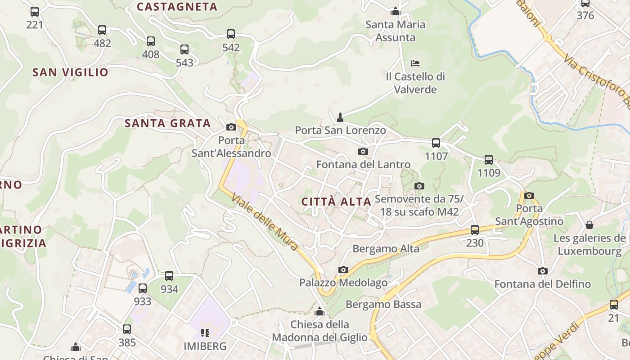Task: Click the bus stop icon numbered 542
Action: tap(231, 34)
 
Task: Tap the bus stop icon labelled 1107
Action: tap(436, 143)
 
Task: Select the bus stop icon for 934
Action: tap(169, 276)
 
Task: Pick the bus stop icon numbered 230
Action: tap(475, 229)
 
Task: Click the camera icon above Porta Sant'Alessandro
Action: tap(231, 127)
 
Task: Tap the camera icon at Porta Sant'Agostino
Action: tap(529, 195)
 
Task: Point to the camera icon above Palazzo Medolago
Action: tap(343, 270)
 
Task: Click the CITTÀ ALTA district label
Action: tap(337, 202)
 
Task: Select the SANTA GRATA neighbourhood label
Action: tap(168, 123)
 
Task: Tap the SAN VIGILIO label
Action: tap(71, 72)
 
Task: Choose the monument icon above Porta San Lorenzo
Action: tap(340, 117)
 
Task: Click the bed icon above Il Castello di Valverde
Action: tap(415, 63)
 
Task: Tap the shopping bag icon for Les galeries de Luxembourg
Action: tap(589, 225)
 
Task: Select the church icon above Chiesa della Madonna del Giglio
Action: tap(319, 311)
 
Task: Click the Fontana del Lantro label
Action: tap(364, 165)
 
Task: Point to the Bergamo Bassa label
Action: tap(383, 304)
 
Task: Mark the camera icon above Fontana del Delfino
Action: tap(543, 271)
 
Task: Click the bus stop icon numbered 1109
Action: tap(489, 160)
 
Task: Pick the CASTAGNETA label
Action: tap(177, 7)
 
